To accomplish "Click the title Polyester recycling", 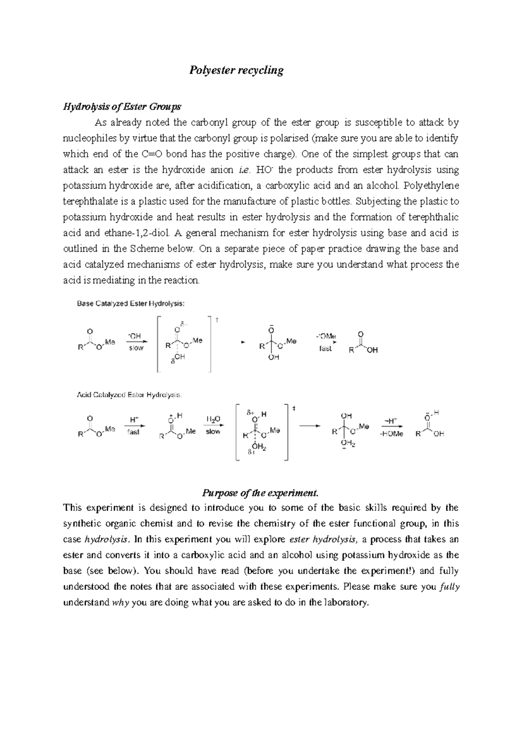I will click(x=236, y=70).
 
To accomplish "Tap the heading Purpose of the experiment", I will click(x=260, y=493).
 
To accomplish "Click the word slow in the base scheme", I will click(x=136, y=348).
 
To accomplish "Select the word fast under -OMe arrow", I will click(x=325, y=349).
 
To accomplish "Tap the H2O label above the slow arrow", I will click(x=213, y=419).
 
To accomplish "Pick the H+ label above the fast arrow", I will click(x=134, y=420).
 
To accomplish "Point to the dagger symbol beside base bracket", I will click(x=217, y=320).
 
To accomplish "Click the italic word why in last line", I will click(x=121, y=603).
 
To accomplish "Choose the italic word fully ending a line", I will click(x=450, y=587).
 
